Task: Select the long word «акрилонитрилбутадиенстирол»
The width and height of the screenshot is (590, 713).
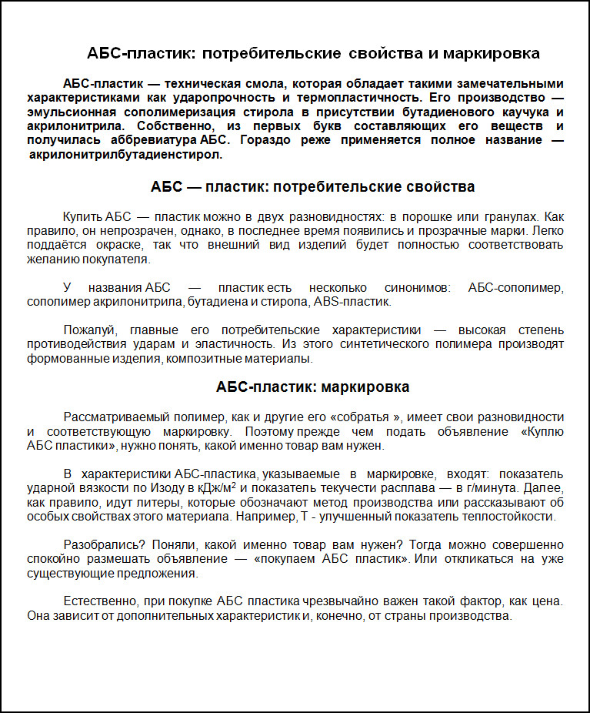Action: point(125,154)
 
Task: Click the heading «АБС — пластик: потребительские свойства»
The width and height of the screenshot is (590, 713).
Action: point(313,187)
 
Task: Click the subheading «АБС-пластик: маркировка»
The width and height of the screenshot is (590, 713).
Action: point(313,387)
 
